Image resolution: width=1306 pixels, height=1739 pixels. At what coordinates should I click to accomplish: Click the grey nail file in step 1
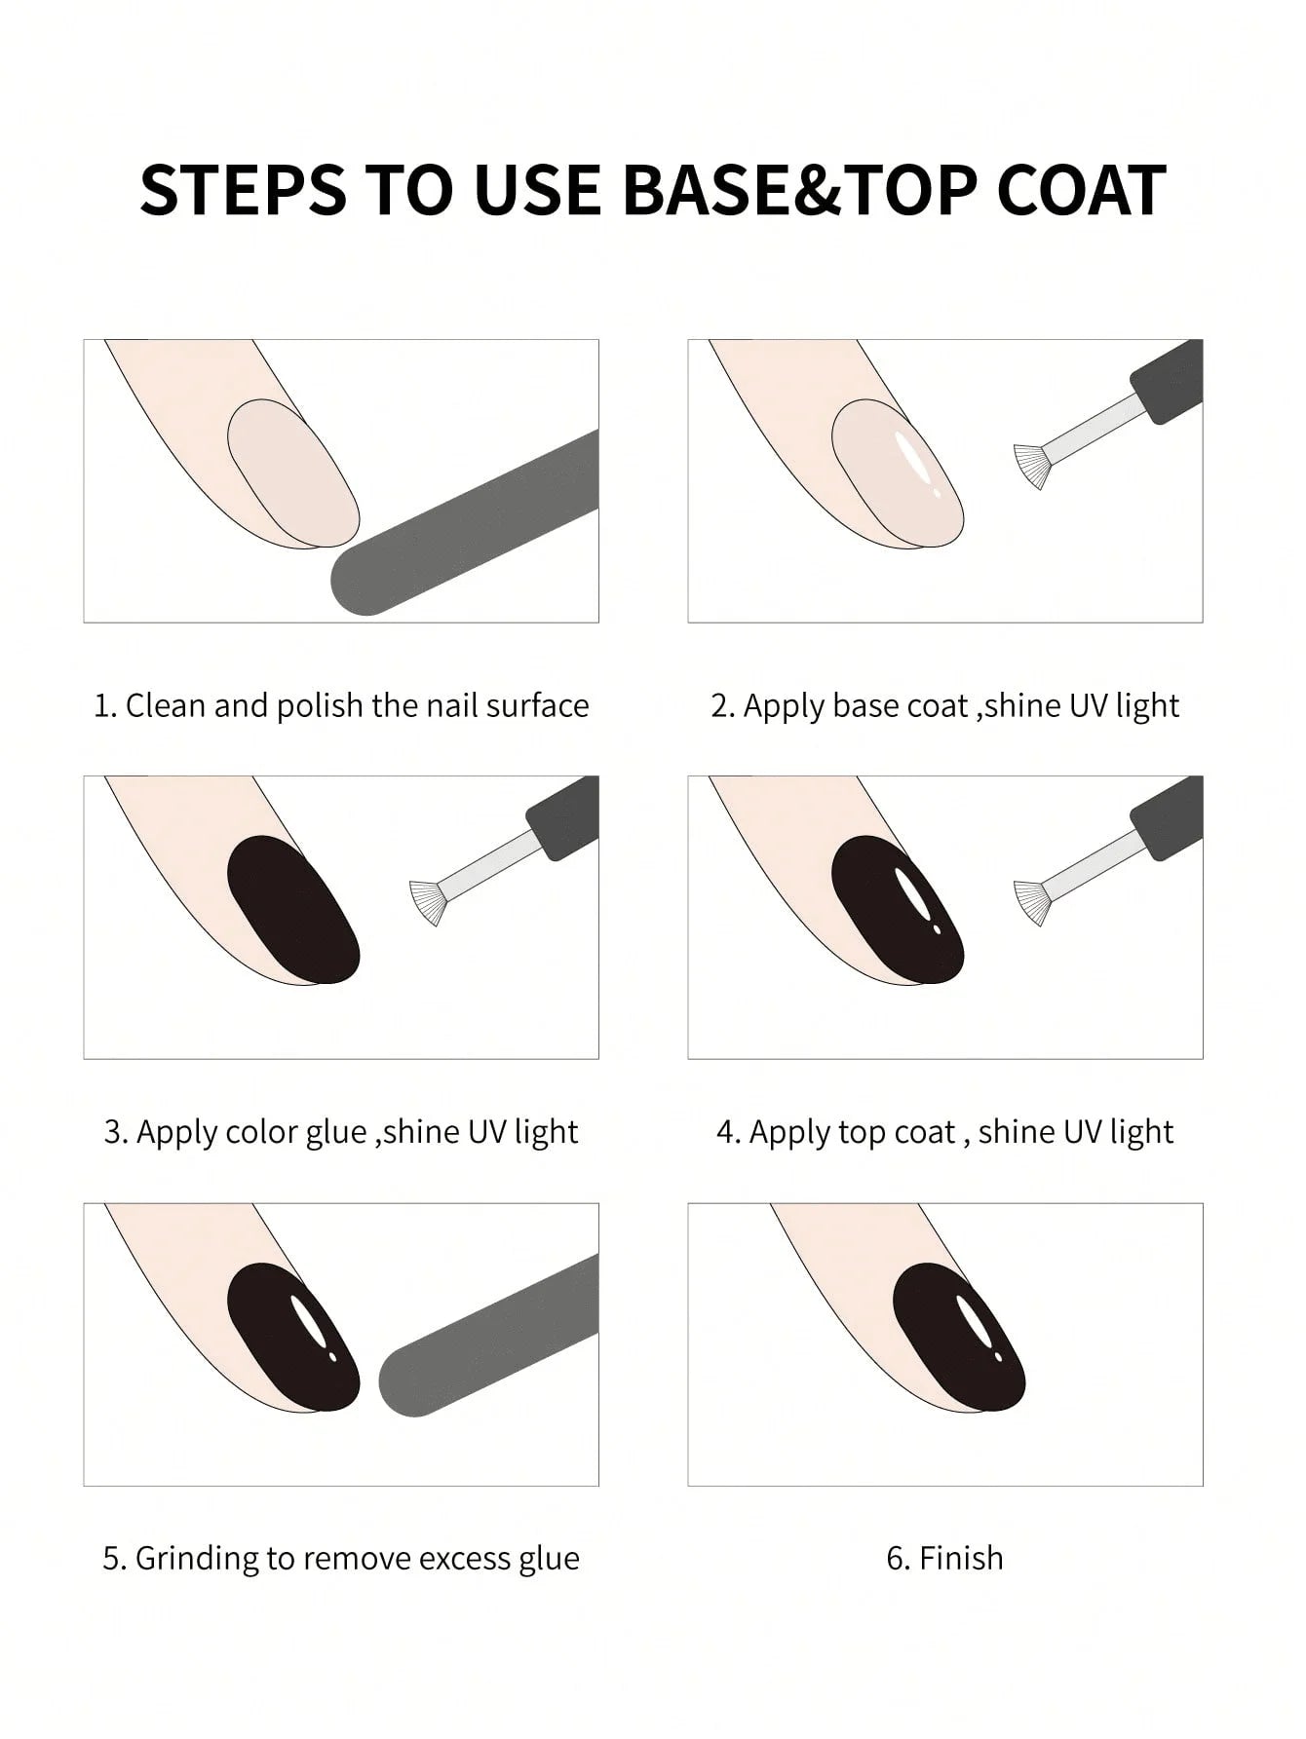(x=468, y=526)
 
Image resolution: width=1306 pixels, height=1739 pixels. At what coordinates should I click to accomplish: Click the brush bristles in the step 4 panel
(x=1033, y=902)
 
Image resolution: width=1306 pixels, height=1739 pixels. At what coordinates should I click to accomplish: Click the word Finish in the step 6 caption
(x=960, y=1558)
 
